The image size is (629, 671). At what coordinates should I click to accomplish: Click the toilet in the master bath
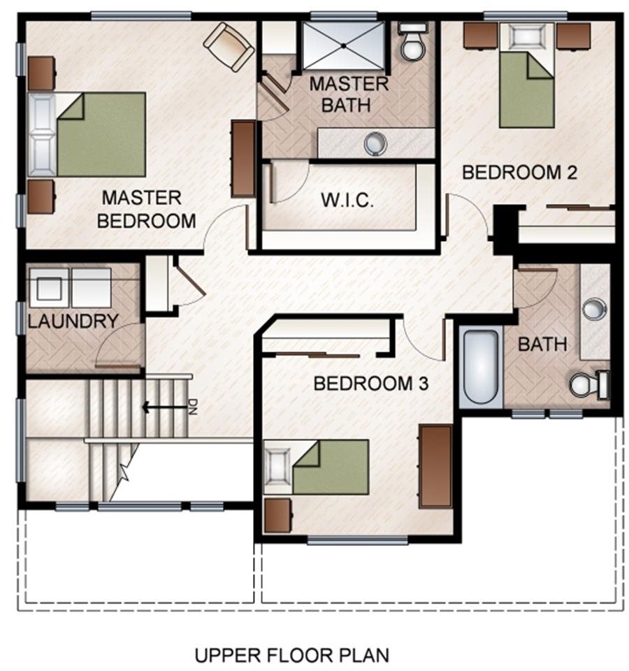(412, 41)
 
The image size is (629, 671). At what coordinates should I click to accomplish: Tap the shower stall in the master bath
(344, 45)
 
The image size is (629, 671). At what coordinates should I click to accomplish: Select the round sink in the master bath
(375, 143)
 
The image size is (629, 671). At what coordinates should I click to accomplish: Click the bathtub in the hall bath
(481, 367)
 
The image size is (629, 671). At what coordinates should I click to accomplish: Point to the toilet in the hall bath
(589, 385)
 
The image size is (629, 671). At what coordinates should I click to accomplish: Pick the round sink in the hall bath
(595, 309)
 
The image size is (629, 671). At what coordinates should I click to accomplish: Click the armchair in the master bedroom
(229, 47)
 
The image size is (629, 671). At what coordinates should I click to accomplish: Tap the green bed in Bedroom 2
(527, 75)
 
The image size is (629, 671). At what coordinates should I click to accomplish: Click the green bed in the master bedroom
(87, 134)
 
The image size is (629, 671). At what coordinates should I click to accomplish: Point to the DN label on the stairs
(193, 407)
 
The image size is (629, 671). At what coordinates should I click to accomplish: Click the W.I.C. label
(347, 200)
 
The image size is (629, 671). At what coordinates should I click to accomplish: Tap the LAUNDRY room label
(73, 321)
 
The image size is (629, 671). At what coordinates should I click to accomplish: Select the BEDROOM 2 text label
(519, 173)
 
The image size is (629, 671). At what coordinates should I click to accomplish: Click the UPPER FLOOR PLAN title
(292, 655)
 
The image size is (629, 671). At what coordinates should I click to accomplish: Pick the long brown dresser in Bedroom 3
(435, 466)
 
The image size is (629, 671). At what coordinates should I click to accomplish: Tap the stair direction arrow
(165, 407)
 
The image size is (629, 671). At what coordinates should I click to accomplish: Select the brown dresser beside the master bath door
(243, 159)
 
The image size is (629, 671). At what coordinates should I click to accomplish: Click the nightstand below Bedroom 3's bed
(278, 516)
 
